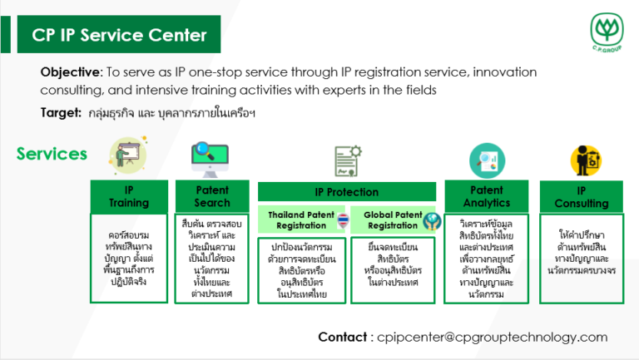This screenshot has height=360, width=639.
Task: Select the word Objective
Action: pyautogui.click(x=70, y=72)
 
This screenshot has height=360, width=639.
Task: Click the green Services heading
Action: pyautogui.click(x=52, y=154)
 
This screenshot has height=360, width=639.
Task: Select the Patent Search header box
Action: pyautogui.click(x=211, y=196)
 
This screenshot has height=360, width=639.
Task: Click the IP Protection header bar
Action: pyautogui.click(x=346, y=192)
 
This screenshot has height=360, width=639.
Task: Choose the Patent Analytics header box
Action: pyautogui.click(x=486, y=196)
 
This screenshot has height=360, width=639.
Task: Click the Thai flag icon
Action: pyautogui.click(x=343, y=220)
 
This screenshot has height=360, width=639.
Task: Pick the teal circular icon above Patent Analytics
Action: pyautogui.click(x=486, y=159)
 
